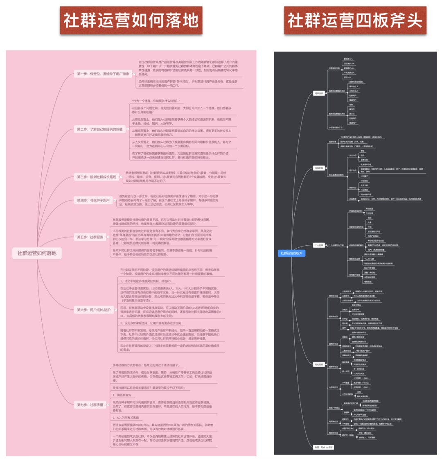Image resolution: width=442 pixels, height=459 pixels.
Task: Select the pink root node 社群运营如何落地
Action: tap(37, 253)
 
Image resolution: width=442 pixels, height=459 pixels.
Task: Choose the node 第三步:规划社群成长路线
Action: tap(97, 177)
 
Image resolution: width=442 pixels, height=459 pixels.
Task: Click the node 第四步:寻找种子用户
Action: tap(94, 200)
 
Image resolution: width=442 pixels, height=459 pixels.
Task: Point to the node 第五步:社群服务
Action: tap(91, 237)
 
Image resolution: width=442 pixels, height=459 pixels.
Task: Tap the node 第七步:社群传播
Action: tap(91, 405)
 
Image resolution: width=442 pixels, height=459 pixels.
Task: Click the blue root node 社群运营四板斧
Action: tap(291, 253)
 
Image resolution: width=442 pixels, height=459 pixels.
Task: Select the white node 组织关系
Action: tap(318, 93)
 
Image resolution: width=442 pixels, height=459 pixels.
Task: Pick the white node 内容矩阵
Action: tap(319, 168)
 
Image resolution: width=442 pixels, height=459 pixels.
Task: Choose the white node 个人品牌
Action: tap(319, 245)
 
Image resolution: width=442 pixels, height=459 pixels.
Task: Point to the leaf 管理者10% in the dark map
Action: tap(348, 59)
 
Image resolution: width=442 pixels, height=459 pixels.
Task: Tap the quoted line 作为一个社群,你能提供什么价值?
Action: tap(156, 101)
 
